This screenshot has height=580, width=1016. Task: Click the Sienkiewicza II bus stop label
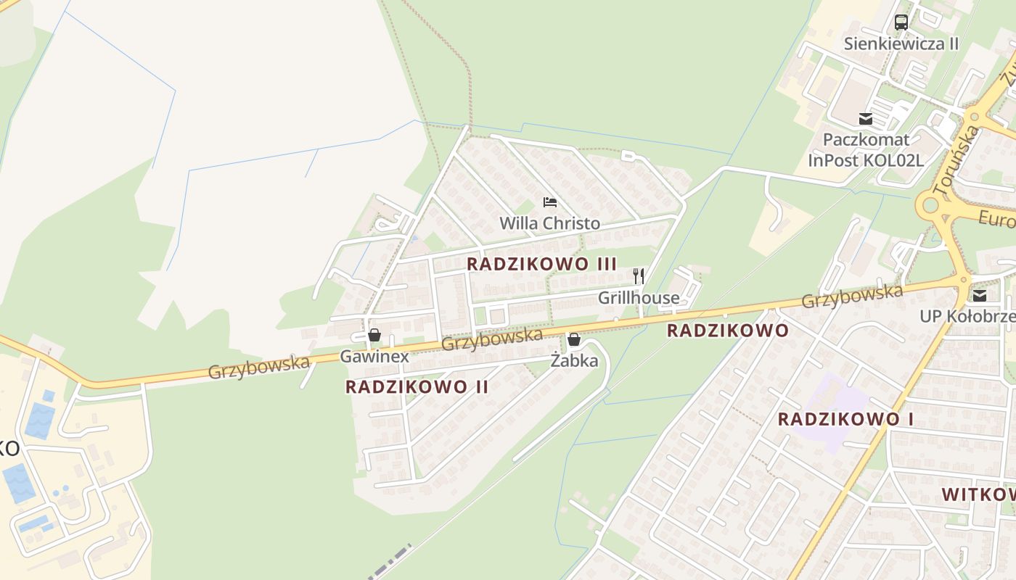[x=901, y=43]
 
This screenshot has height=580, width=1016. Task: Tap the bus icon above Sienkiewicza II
[x=901, y=22]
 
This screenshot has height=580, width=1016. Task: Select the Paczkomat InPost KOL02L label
[x=865, y=149]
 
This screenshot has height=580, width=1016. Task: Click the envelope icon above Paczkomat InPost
[x=865, y=118]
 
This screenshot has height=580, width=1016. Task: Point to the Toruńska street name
[x=956, y=160]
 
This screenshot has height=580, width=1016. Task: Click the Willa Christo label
[x=549, y=223]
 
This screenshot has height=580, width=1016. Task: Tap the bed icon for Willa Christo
[x=550, y=202]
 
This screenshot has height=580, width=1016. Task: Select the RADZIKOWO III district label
[x=541, y=264]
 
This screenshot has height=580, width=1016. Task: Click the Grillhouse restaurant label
[x=639, y=297]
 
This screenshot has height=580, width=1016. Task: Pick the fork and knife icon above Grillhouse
[x=639, y=276]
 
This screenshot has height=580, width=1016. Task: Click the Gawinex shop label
[x=374, y=356]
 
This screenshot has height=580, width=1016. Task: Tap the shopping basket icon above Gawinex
[x=374, y=335]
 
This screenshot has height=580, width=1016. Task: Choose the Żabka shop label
[x=574, y=360]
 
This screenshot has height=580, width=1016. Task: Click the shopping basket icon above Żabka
[x=574, y=339]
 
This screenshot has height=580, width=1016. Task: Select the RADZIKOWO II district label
[x=417, y=386]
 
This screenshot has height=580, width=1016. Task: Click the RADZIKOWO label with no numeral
[x=727, y=331]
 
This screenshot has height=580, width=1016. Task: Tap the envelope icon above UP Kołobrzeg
[x=980, y=295]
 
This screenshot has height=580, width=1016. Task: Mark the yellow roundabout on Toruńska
[x=930, y=206]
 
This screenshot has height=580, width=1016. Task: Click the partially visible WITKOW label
[x=978, y=494]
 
